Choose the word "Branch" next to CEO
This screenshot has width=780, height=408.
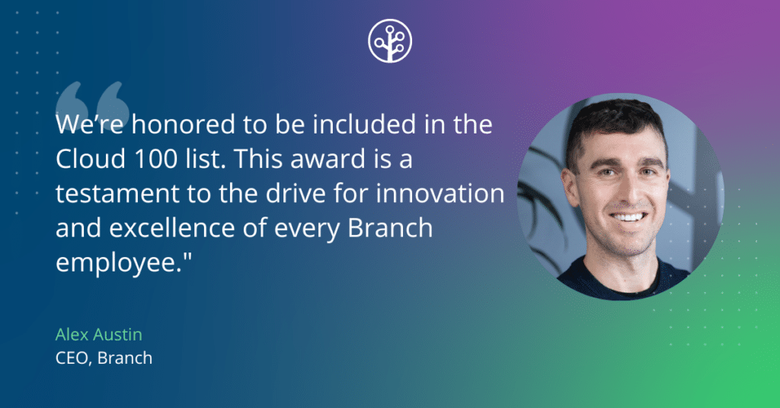pyautogui.click(x=126, y=356)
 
